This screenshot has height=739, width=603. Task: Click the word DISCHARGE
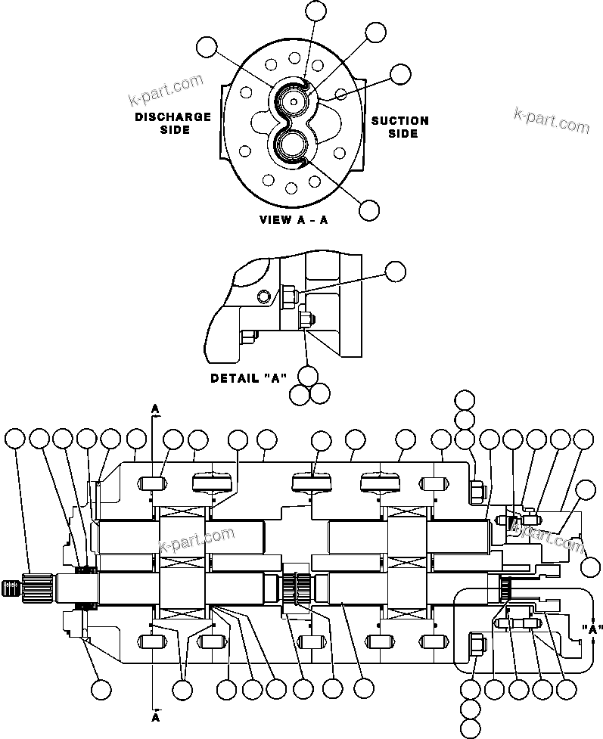[173, 117]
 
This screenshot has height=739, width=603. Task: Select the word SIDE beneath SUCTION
[403, 133]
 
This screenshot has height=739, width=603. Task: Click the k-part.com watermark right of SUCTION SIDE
[551, 120]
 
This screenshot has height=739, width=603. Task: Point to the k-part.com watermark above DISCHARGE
[166, 89]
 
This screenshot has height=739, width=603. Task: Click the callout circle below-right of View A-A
[369, 210]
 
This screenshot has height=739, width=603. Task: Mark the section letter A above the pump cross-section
[155, 408]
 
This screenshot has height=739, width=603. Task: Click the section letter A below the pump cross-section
[155, 715]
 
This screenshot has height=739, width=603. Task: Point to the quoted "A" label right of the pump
[594, 629]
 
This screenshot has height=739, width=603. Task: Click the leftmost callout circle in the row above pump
[14, 438]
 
